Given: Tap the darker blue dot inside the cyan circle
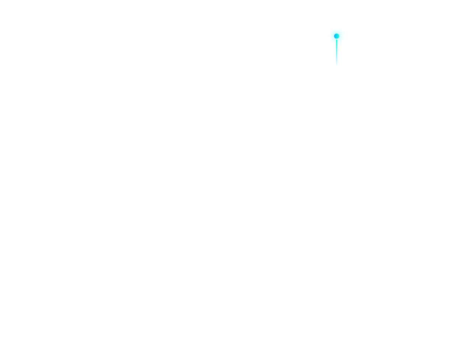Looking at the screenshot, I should pyautogui.click(x=336, y=36).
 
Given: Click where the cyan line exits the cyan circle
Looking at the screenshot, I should pyautogui.click(x=336, y=46).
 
